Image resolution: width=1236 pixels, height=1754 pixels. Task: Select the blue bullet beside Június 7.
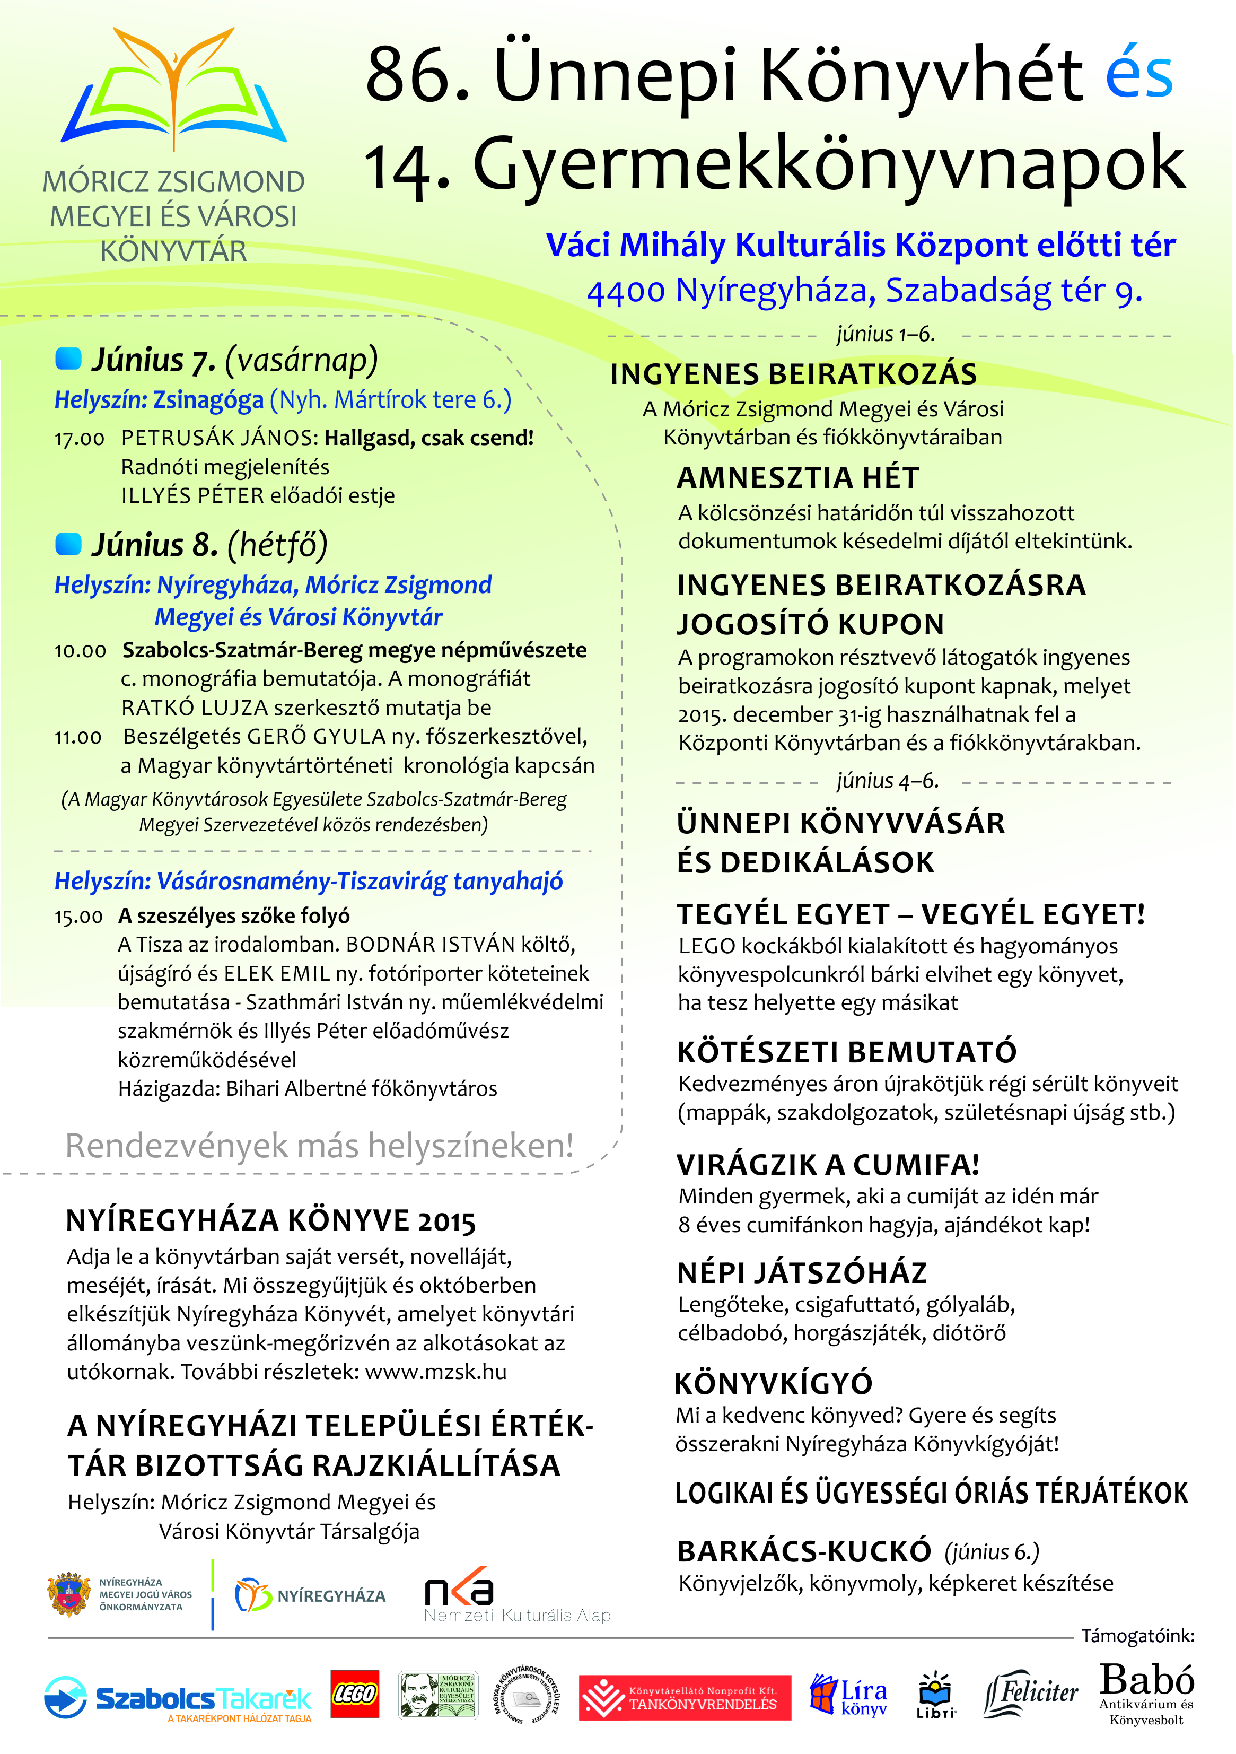coord(69,359)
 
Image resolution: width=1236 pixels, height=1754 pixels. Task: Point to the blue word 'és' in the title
coord(1139,74)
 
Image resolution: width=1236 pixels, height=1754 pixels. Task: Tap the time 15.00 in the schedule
coord(78,917)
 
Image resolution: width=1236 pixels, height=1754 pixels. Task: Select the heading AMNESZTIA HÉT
coord(797,478)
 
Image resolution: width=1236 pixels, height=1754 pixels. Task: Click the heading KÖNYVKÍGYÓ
coord(773,1383)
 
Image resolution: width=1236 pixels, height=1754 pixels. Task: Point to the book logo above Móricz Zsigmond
coord(174,88)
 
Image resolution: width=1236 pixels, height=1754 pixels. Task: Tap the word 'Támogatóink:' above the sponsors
coord(1137,1636)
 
